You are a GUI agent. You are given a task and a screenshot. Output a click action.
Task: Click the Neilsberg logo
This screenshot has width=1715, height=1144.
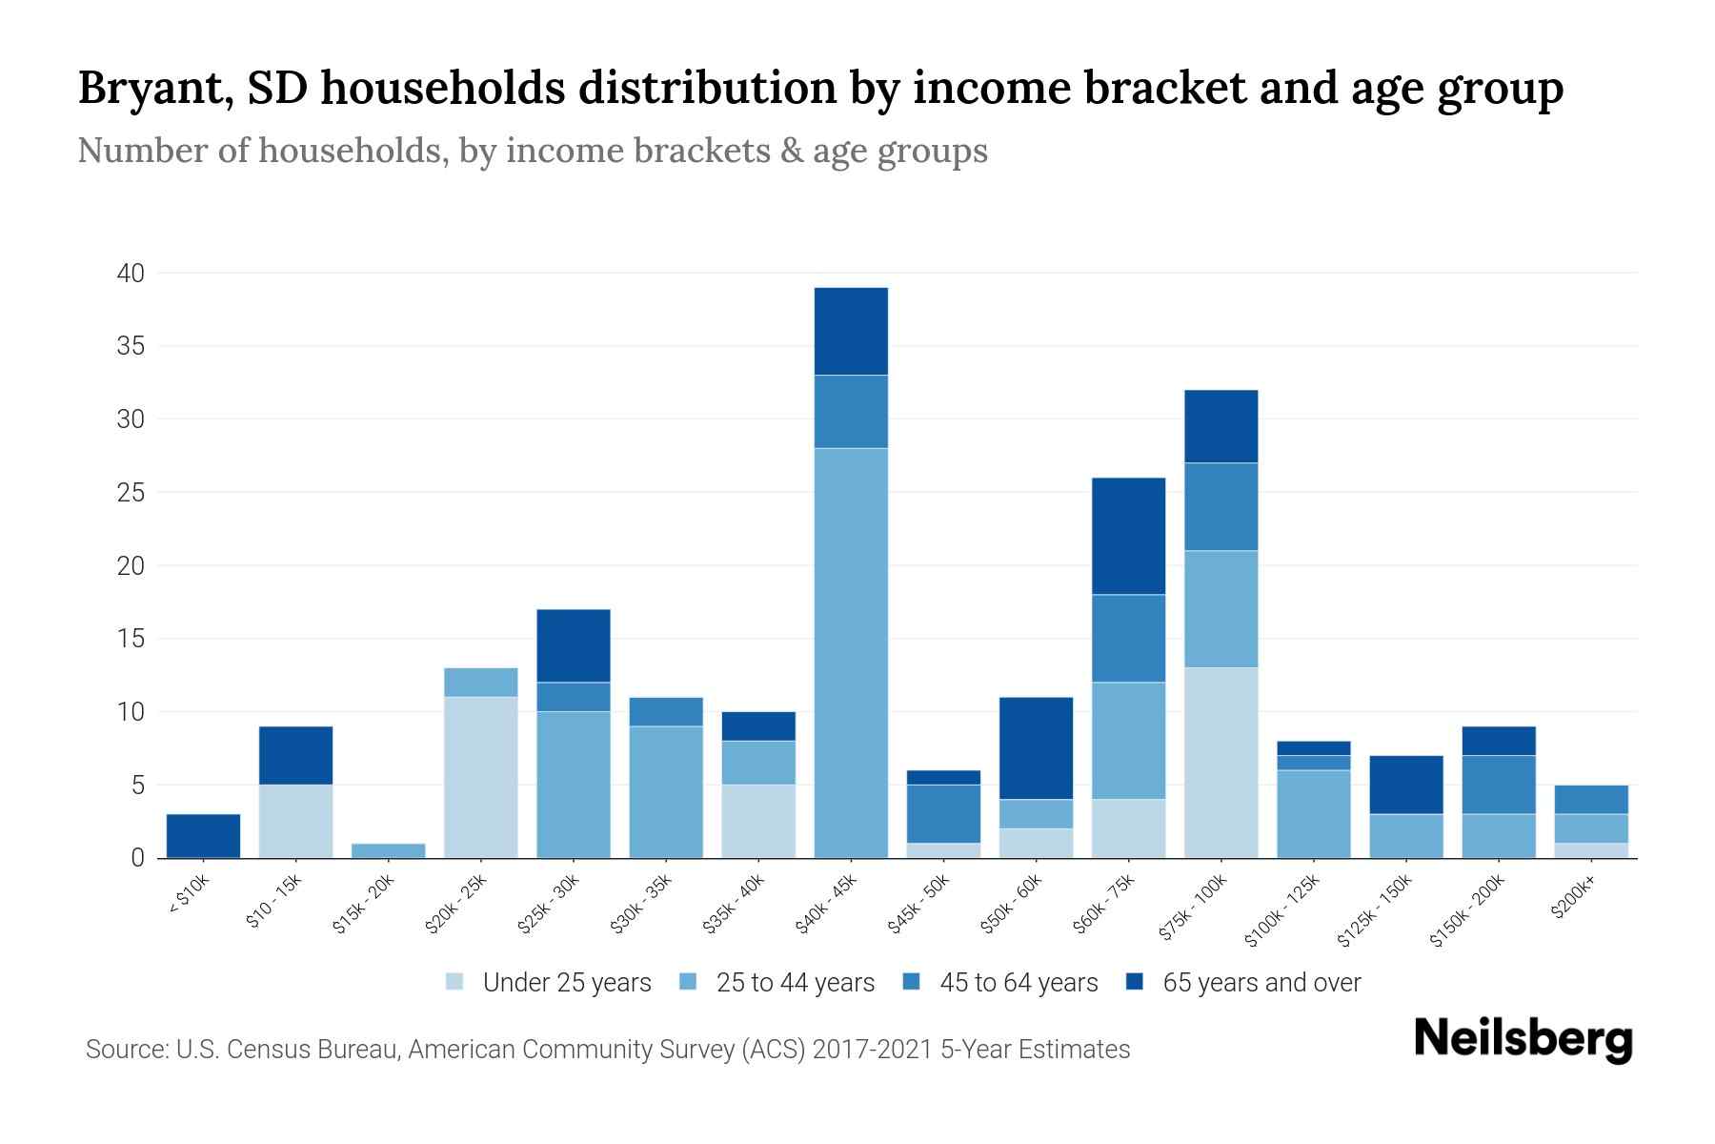(x=1523, y=1039)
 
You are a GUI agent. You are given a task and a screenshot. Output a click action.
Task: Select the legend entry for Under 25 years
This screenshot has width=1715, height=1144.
(x=566, y=983)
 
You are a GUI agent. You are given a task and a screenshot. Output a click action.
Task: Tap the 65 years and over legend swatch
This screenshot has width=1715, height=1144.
(x=1135, y=982)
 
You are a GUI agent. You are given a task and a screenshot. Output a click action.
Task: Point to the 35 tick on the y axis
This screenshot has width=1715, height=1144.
(x=131, y=346)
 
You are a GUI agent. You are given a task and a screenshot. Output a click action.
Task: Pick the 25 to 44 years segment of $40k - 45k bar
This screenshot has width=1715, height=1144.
(x=851, y=653)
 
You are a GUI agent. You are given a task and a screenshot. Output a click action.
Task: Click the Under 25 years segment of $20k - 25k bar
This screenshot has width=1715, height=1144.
(x=480, y=777)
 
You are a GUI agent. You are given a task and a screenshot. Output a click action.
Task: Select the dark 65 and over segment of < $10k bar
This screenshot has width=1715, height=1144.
(x=203, y=835)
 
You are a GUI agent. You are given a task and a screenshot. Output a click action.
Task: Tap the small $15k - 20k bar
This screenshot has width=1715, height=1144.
(x=388, y=850)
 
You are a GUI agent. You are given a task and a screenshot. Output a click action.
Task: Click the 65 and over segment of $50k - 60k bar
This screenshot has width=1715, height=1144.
(x=1036, y=748)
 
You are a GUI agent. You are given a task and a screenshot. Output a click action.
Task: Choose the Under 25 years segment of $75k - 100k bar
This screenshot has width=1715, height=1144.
(x=1221, y=763)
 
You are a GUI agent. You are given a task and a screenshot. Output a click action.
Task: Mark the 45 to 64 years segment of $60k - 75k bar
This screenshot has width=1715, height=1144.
(x=1128, y=639)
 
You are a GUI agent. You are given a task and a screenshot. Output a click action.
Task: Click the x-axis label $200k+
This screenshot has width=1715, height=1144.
(x=1573, y=901)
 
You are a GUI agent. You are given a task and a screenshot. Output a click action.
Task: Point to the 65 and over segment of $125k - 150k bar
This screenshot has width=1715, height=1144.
(x=1405, y=785)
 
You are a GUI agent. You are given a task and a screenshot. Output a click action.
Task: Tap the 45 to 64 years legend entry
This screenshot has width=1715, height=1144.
(x=1018, y=983)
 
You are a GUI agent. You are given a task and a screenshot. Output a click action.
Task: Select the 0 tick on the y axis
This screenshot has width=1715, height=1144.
(x=138, y=858)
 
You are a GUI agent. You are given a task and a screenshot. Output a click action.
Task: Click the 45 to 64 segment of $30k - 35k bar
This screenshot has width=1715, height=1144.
(x=666, y=712)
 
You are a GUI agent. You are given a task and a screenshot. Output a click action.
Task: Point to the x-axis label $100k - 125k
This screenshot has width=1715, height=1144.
(x=1282, y=910)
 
